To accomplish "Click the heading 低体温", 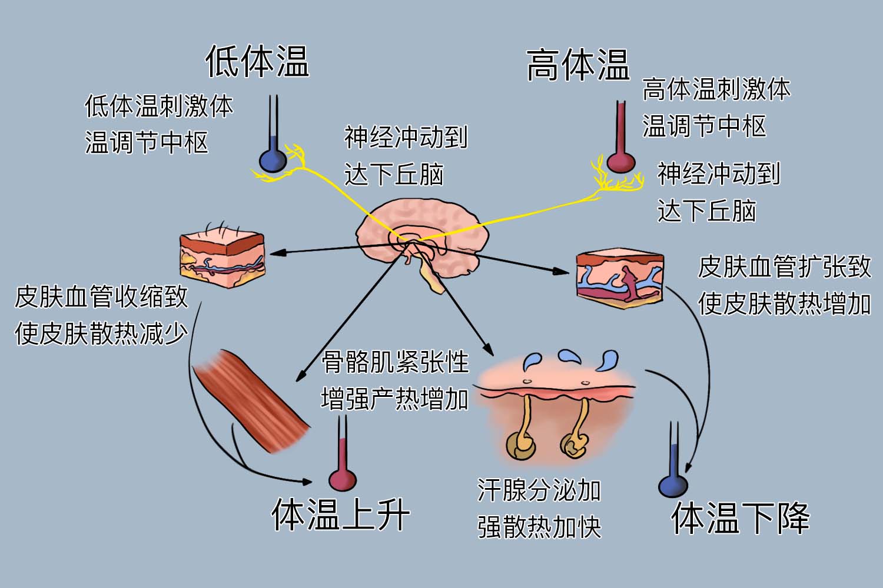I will (x=257, y=61).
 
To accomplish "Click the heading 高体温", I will (x=577, y=65).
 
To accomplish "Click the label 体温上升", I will (x=340, y=515).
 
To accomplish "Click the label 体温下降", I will (x=740, y=518).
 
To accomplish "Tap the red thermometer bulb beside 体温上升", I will (x=342, y=479).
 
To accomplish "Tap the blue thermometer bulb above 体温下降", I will (x=672, y=485).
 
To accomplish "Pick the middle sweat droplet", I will (x=569, y=356).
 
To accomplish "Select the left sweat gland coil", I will (x=520, y=445).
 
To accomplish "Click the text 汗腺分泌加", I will (x=539, y=490).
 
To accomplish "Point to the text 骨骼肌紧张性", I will (x=395, y=362).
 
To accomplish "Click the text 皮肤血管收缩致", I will (x=101, y=297).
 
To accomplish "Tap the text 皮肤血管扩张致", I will (x=784, y=267).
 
